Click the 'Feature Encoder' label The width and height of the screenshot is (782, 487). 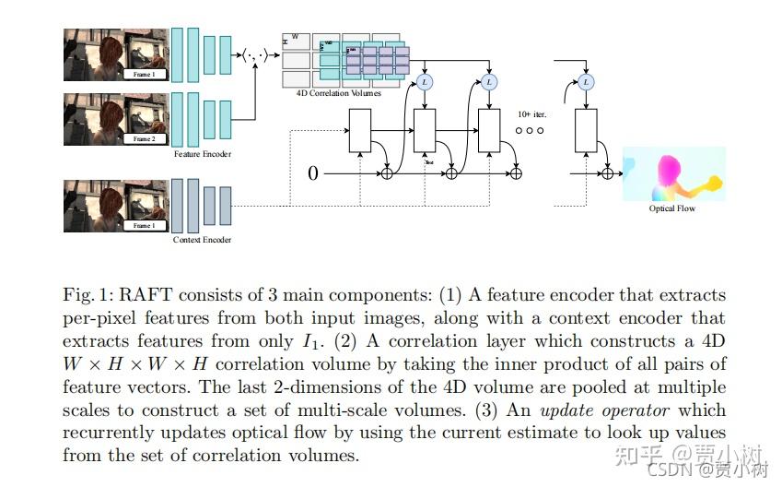pos(203,154)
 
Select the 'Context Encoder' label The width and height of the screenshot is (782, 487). pos(202,240)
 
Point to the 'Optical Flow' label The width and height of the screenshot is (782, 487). pos(672,208)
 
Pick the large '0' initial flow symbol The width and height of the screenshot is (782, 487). pos(313,172)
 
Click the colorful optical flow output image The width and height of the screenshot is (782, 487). pos(673,173)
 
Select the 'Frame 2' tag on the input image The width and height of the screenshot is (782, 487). pos(145,138)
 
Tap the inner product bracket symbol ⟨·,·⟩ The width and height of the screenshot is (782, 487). pos(255,55)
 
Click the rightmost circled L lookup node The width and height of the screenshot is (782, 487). pos(586,82)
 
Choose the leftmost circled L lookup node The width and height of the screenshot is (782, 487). pos(425,82)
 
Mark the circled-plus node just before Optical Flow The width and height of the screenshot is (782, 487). pos(607,172)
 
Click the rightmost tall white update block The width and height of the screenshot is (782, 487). pos(586,129)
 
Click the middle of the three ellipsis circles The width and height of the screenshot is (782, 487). pos(530,131)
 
